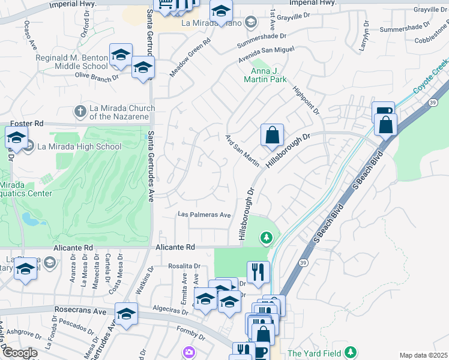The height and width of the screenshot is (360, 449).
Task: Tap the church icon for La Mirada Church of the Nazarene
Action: click(80, 112)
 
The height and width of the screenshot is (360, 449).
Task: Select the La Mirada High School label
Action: click(79, 146)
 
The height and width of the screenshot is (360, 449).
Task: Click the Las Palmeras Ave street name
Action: click(205, 215)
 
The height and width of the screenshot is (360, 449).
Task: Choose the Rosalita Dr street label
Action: click(184, 266)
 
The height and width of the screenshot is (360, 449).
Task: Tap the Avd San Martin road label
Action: click(243, 151)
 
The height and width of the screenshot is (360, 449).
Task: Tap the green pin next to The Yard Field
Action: click(353, 353)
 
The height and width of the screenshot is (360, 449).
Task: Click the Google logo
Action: click(19, 353)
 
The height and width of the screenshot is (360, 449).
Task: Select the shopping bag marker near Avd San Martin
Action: click(272, 135)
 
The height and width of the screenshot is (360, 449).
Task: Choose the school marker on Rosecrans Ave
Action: click(126, 314)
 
